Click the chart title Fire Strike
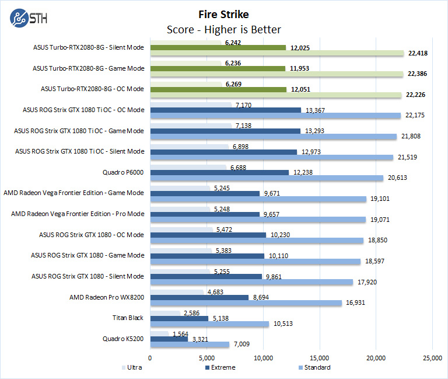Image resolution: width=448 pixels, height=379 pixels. tap(223, 14)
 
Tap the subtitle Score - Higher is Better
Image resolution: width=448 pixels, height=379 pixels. tap(224, 29)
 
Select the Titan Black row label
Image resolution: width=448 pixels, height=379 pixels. tap(128, 318)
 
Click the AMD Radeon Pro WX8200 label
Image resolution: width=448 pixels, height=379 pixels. tap(107, 297)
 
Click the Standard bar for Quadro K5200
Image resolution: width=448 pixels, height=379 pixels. tap(190, 345)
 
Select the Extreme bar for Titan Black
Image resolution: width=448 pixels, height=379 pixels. tap(179, 318)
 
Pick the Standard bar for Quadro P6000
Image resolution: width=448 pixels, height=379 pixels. tap(267, 178)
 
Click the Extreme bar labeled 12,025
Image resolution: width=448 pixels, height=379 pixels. tap(218, 47)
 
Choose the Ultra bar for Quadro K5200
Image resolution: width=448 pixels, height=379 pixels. tap(159, 334)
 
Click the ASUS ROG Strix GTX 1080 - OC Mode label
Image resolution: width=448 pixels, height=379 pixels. tap(92, 235)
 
